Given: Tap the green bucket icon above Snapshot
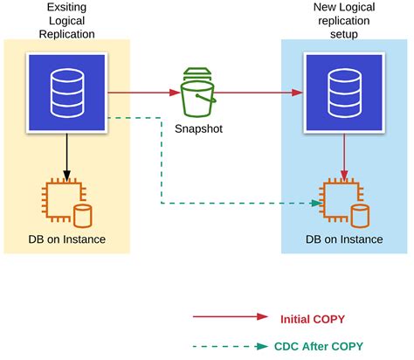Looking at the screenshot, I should coord(199,93).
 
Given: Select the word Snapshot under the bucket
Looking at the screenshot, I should coord(199,129).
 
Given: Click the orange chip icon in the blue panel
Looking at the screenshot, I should coord(337,204).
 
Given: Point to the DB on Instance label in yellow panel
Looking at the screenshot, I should coord(66,239).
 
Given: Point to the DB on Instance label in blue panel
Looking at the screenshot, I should coord(343,239).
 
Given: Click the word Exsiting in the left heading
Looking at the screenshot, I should coord(66,8).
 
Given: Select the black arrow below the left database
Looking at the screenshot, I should coord(66,154).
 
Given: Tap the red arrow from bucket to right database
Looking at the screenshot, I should coord(259,91).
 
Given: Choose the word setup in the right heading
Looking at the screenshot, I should coord(343,35).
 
